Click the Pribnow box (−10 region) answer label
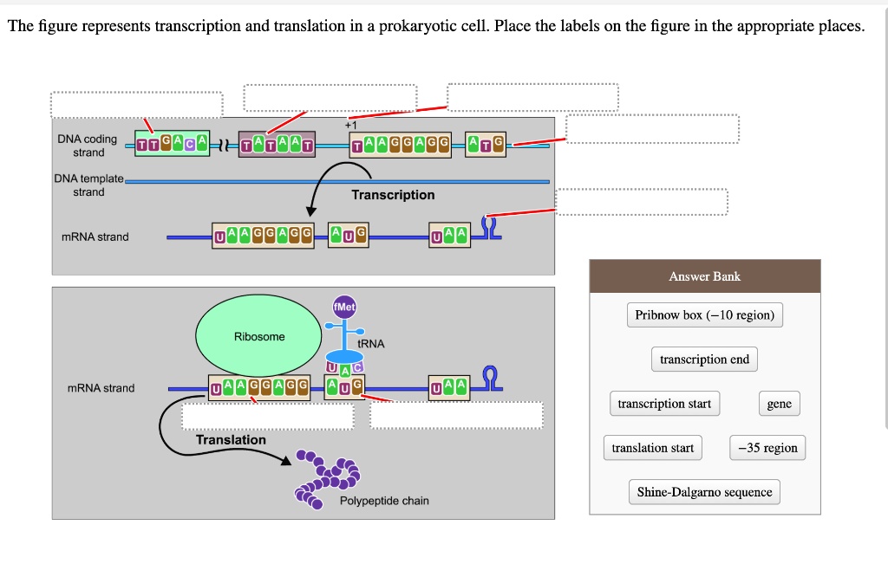tap(704, 315)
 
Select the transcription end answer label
tap(704, 360)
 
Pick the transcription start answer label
tap(664, 404)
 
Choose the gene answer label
tap(779, 404)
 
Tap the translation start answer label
tap(652, 448)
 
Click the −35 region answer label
tap(767, 448)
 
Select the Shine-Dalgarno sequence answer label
tap(704, 492)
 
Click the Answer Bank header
tap(704, 276)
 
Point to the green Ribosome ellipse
tap(258, 336)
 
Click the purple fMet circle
tap(344, 308)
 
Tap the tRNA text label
tap(370, 344)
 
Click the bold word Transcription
tap(393, 195)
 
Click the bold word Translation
tap(231, 440)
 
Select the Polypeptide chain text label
tap(384, 501)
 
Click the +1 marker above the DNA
tap(350, 125)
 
